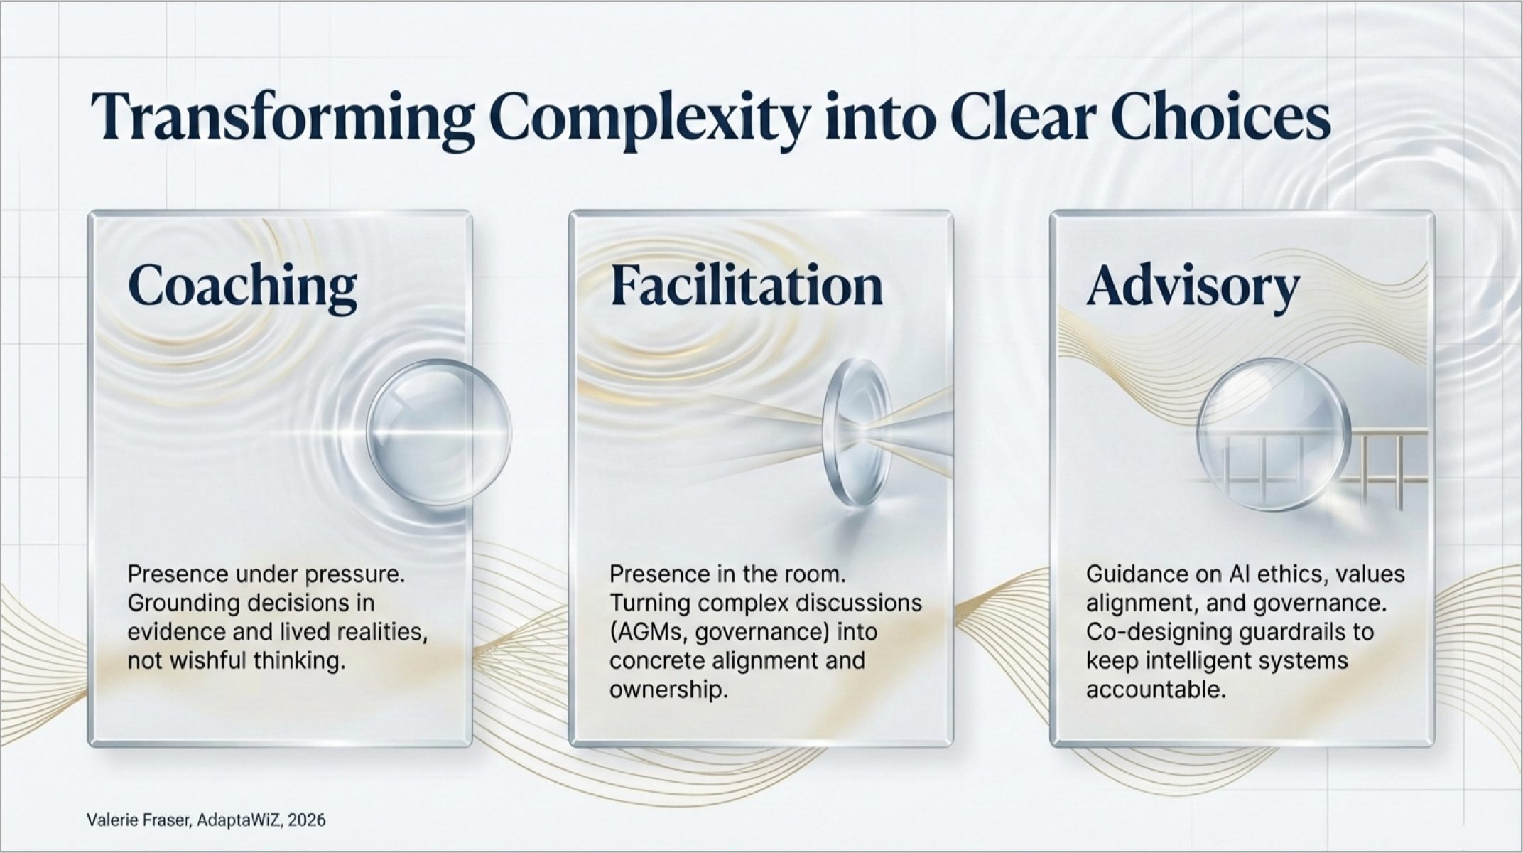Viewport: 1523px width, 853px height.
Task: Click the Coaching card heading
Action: [x=242, y=286]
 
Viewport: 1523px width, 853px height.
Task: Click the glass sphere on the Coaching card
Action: [x=439, y=431]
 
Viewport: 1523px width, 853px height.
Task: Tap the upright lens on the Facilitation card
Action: [x=857, y=432]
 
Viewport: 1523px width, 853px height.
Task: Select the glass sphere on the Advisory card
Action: [x=1272, y=435]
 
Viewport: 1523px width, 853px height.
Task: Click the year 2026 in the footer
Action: [x=307, y=820]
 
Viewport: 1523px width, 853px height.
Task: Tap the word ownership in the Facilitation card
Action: [x=668, y=690]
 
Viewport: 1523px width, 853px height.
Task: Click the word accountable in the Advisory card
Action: [x=1156, y=690]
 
